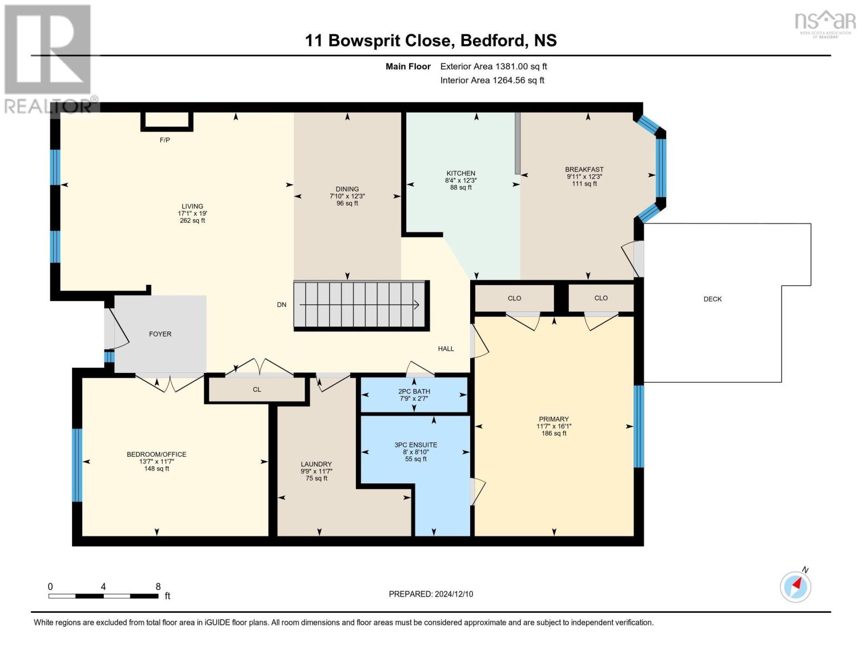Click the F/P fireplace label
click(165, 140)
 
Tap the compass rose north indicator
click(796, 586)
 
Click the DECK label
click(713, 299)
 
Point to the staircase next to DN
click(361, 305)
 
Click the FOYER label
click(160, 334)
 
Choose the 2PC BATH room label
click(414, 391)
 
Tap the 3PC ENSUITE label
click(416, 445)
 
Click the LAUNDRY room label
click(316, 464)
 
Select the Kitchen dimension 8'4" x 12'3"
click(461, 180)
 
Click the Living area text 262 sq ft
click(193, 220)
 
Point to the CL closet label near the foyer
click(257, 390)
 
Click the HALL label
click(446, 349)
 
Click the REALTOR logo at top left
click(49, 58)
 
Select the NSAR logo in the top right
click(825, 23)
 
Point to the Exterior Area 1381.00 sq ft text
click(493, 66)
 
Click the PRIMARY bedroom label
click(553, 419)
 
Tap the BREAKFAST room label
click(584, 169)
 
